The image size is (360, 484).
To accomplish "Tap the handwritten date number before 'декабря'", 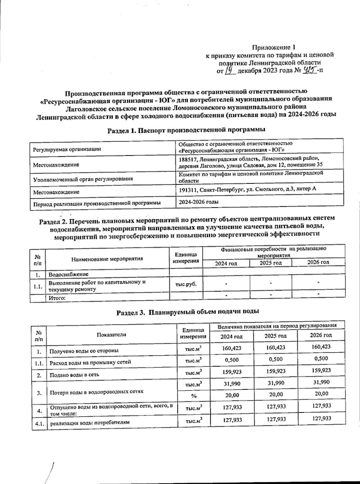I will click(x=229, y=71).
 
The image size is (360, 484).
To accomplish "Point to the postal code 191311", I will click(x=188, y=189).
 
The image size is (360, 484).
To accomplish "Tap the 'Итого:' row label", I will click(x=57, y=298).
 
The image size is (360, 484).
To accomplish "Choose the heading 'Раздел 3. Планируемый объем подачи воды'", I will click(x=187, y=312).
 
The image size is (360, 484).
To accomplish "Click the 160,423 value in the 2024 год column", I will click(x=232, y=348).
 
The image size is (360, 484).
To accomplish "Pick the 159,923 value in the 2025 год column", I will click(x=276, y=371).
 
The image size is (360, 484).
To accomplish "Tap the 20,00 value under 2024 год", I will click(x=232, y=395).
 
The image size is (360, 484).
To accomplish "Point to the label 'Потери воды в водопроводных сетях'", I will click(x=96, y=392).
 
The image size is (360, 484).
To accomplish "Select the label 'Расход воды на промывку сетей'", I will click(x=90, y=362).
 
